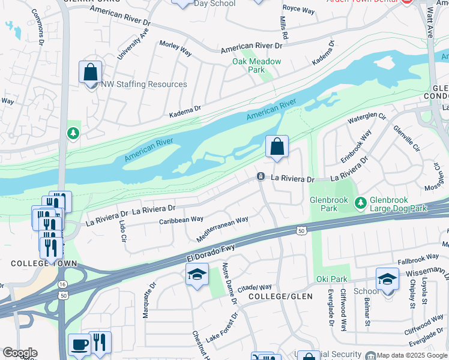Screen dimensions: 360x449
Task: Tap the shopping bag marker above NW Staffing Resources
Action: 90,73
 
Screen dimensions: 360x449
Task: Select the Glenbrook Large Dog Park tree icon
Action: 360,204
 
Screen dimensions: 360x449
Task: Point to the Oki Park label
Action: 332,280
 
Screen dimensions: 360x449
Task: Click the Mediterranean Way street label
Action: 223,229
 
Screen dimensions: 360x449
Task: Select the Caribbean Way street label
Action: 181,220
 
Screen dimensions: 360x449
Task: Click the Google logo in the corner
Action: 20,353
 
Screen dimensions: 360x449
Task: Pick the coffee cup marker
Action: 79,345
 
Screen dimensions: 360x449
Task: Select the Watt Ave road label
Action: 429,18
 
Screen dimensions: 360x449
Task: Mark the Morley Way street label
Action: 175,49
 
